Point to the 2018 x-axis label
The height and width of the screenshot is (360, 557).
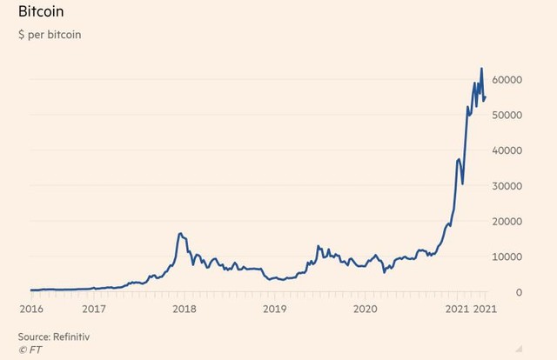coord(184,309)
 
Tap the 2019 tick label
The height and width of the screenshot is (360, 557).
coord(275,309)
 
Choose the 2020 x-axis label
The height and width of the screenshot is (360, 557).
coord(366,309)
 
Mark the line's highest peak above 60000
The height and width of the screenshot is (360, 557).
coord(481,69)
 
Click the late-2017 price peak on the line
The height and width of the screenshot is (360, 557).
coord(179,233)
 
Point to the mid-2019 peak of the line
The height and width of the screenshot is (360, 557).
coord(318,246)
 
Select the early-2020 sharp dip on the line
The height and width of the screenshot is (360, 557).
coord(385,272)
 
